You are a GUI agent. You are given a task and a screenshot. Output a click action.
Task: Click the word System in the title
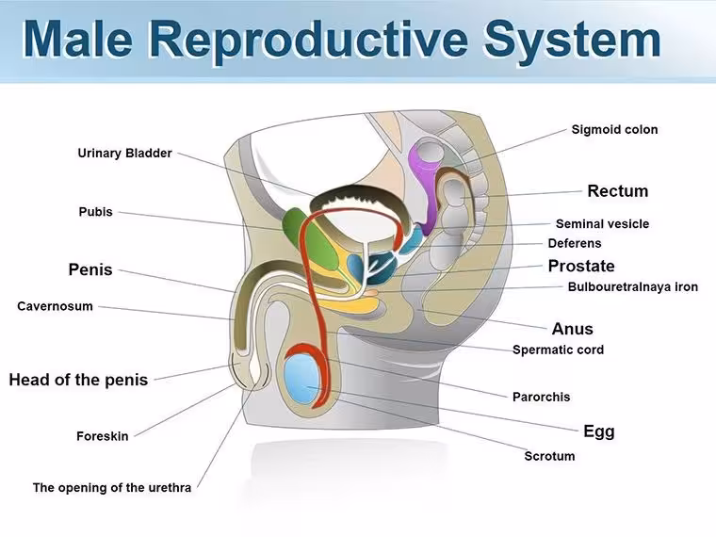(x=573, y=39)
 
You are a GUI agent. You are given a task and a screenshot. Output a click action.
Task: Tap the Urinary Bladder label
(x=124, y=153)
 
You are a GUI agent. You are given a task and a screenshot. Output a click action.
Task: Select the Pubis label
(x=95, y=212)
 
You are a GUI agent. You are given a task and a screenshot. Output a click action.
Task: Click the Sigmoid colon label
(x=614, y=130)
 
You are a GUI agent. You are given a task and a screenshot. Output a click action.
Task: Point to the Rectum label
(x=618, y=191)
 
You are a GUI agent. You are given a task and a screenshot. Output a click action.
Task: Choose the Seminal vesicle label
(x=602, y=224)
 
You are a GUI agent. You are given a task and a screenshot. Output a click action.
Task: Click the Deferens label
(x=575, y=243)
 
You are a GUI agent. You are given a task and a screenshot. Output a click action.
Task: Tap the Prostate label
(x=581, y=266)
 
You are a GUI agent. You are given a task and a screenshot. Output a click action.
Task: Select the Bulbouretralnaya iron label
(x=633, y=286)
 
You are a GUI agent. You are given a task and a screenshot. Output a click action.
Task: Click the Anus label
(x=573, y=329)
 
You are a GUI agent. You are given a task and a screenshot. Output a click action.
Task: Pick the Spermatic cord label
(x=558, y=350)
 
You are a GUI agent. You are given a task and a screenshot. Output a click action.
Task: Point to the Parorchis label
(x=541, y=397)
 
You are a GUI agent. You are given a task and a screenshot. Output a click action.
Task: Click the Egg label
(x=599, y=431)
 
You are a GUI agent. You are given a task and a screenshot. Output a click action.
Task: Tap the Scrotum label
(x=549, y=456)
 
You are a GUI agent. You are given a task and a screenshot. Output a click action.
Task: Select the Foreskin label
(x=103, y=436)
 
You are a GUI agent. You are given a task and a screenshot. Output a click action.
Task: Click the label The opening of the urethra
(x=112, y=488)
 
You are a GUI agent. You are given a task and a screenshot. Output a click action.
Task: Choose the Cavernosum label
(x=55, y=306)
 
